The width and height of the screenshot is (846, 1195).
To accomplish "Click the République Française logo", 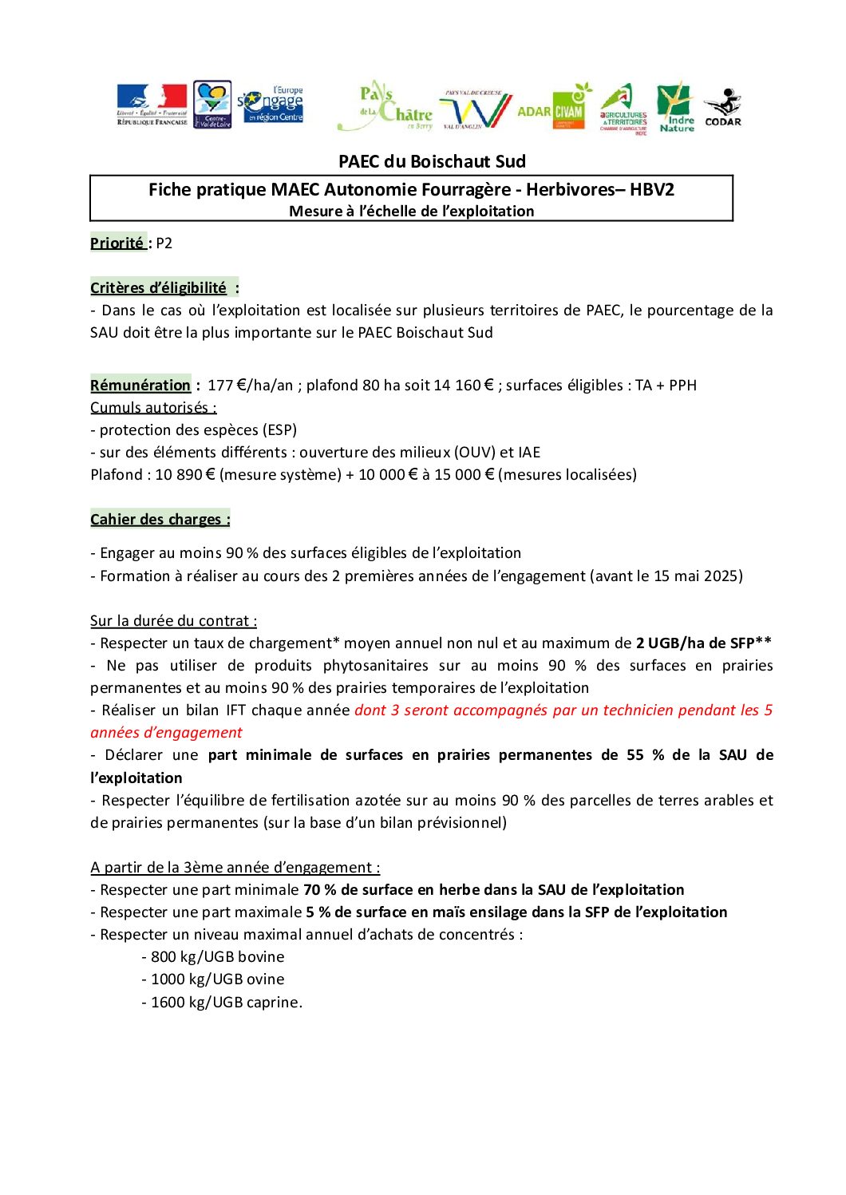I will [x=152, y=105].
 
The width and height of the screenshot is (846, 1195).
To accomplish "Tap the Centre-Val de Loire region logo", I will [x=212, y=104].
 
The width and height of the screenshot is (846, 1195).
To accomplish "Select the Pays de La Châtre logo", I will [x=385, y=106].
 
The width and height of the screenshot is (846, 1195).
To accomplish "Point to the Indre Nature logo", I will [x=676, y=107].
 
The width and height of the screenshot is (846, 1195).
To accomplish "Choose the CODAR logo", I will [x=723, y=108].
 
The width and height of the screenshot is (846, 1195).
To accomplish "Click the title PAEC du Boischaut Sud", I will [x=432, y=161].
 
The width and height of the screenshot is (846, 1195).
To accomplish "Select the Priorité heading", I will [x=117, y=243].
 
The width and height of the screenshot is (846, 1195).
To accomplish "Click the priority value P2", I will [x=164, y=243].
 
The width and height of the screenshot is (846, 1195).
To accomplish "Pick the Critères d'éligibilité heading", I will [x=159, y=288].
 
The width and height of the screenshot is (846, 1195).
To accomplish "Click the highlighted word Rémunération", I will [x=140, y=386].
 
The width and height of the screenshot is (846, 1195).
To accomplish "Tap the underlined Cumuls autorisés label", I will [x=153, y=408].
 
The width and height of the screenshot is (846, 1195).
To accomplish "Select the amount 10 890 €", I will [x=185, y=475].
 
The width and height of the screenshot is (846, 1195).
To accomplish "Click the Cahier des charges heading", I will [x=160, y=520].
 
